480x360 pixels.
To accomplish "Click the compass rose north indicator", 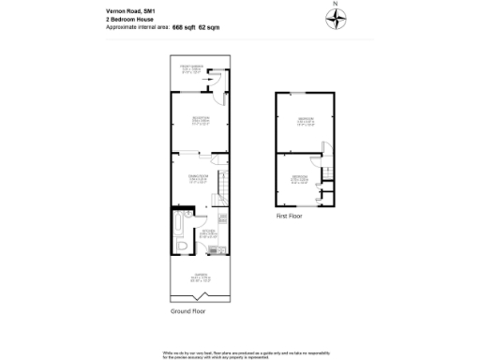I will pyautogui.click(x=336, y=16).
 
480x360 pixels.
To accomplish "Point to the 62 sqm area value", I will pyautogui.click(x=211, y=28).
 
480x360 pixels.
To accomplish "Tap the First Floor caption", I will pyautogui.click(x=289, y=216).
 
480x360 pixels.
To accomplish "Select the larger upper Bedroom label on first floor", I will pyautogui.click(x=306, y=120).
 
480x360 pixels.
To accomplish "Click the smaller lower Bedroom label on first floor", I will pyautogui.click(x=299, y=178).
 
